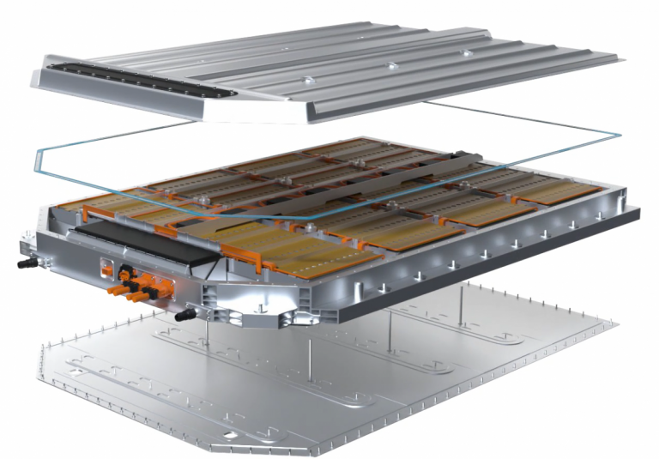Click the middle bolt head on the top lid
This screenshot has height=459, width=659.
(x=390, y=65)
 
